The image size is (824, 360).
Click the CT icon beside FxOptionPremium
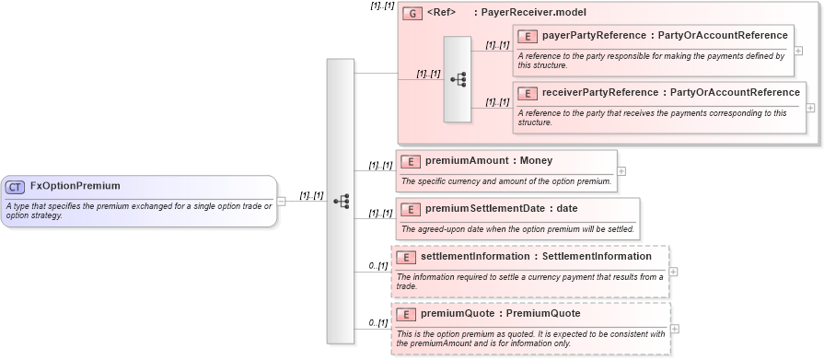point(15,187)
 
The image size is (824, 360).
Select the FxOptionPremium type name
point(75,186)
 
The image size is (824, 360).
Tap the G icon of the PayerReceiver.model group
point(412,14)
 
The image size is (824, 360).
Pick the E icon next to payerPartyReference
point(528,36)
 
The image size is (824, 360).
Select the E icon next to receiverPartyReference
point(528,93)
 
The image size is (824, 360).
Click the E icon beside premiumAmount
point(411,161)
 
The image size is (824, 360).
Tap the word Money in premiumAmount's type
point(536,161)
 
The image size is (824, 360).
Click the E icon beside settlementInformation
point(406,257)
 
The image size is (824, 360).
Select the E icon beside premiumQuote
point(406,314)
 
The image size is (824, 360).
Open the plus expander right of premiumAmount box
point(621,170)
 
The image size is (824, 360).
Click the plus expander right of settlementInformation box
point(674,272)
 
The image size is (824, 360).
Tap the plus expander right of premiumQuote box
point(675,329)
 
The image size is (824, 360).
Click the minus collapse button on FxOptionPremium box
point(282,202)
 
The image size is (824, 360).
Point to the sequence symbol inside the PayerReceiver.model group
point(458,80)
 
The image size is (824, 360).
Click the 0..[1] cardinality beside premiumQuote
point(377,323)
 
